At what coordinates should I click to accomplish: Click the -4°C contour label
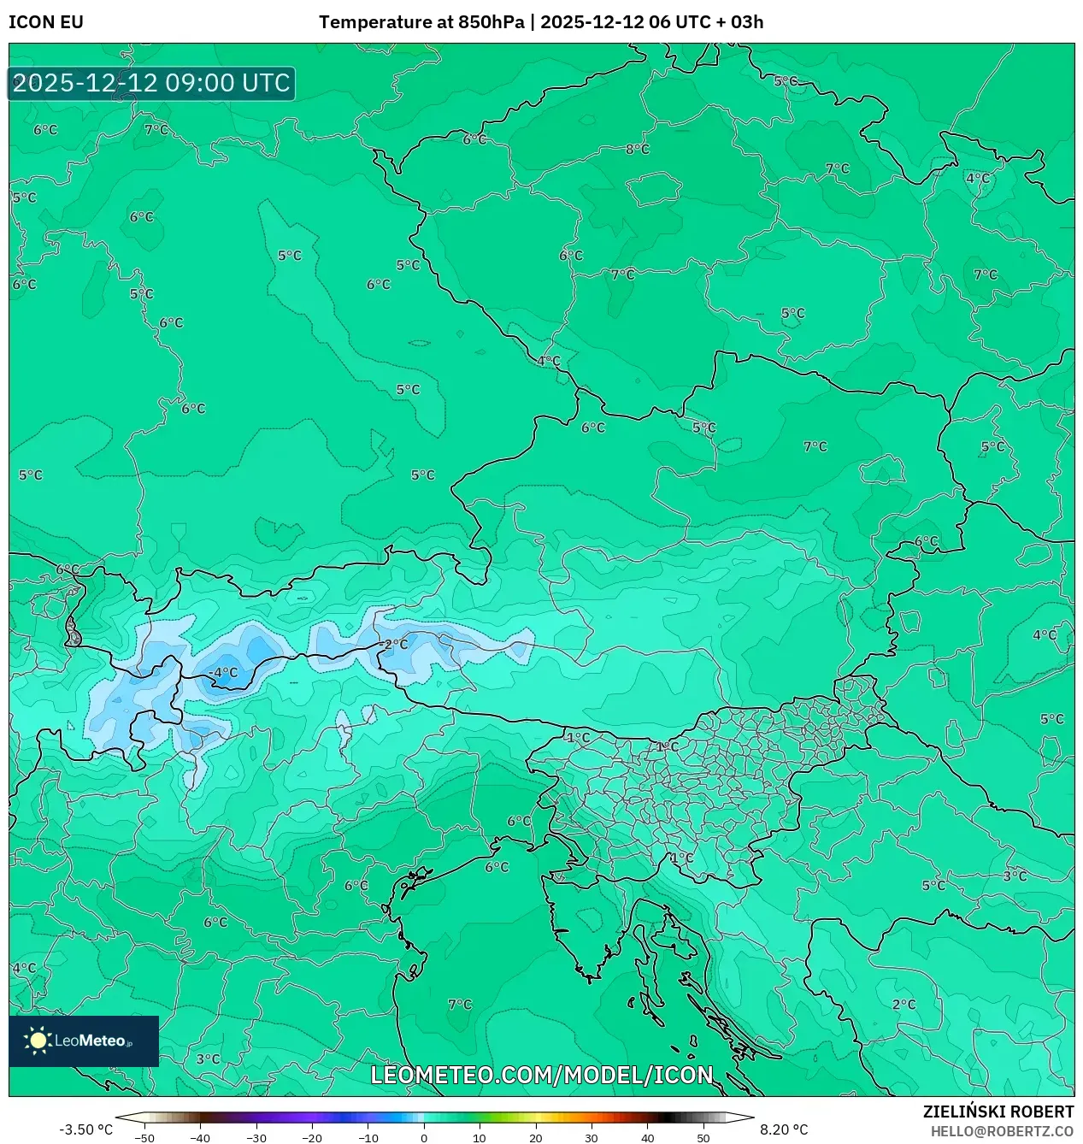(224, 673)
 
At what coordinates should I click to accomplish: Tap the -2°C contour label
(394, 645)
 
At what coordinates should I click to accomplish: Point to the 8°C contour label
(638, 149)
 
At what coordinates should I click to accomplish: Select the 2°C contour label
(903, 1005)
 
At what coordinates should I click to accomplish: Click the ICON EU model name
(46, 22)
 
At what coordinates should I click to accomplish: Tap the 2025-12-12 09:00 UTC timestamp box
(151, 84)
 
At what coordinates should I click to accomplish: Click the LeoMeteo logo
(84, 1041)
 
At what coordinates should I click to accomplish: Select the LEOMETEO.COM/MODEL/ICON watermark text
(541, 1075)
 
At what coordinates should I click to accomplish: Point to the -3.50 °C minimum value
(85, 1129)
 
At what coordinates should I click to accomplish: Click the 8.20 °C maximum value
(784, 1129)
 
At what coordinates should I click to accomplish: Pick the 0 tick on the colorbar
(424, 1138)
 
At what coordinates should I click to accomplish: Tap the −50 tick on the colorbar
(144, 1138)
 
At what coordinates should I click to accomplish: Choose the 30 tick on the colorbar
(592, 1138)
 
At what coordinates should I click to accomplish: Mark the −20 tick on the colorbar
(312, 1138)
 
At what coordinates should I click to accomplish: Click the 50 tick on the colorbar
(703, 1138)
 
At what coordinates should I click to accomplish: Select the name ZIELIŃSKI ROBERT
(998, 1112)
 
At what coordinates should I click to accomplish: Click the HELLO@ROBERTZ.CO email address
(1002, 1131)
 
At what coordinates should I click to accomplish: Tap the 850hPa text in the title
(491, 22)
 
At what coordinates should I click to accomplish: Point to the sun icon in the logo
(38, 1041)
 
